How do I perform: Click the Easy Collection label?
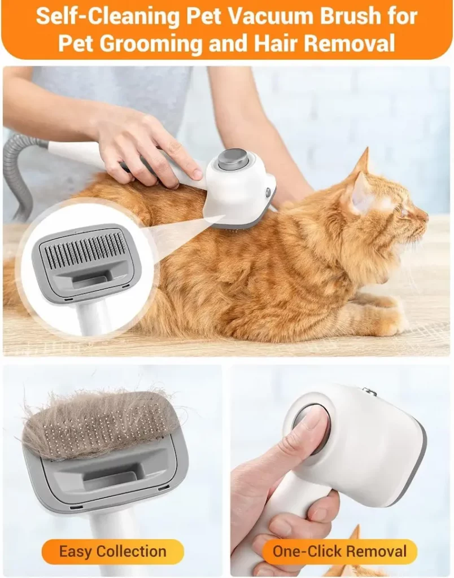click(113, 551)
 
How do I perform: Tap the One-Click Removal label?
click(339, 551)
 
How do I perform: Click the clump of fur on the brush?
click(96, 421)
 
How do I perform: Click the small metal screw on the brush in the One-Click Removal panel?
click(370, 391)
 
